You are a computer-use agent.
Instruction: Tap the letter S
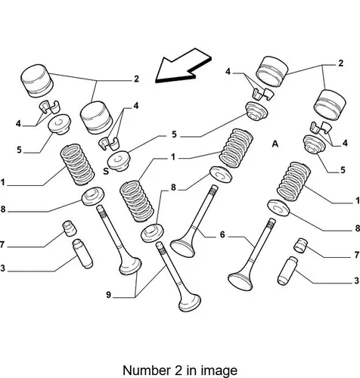pyautogui.click(x=106, y=172)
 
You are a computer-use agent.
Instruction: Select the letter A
pyautogui.click(x=275, y=144)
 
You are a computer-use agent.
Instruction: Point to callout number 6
pyautogui.click(x=222, y=234)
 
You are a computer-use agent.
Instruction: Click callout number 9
pyautogui.click(x=108, y=295)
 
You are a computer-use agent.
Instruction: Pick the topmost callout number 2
pyautogui.click(x=340, y=63)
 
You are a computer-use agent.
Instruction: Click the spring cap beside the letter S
pyautogui.click(x=119, y=161)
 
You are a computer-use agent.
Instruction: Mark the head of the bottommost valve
pyautogui.click(x=190, y=302)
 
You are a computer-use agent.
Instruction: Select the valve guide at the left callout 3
pyautogui.click(x=82, y=253)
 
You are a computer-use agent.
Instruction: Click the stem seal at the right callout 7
pyautogui.click(x=301, y=245)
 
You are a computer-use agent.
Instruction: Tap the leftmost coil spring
pyautogui.click(x=77, y=165)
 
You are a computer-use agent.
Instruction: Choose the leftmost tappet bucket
pyautogui.click(x=37, y=81)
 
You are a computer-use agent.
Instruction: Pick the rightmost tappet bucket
pyautogui.click(x=329, y=104)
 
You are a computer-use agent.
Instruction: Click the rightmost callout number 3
pyautogui.click(x=356, y=280)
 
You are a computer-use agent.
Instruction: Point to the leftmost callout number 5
pyautogui.click(x=19, y=150)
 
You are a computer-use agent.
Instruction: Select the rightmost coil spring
pyautogui.click(x=293, y=181)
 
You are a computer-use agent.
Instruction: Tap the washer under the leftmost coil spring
pyautogui.click(x=92, y=197)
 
